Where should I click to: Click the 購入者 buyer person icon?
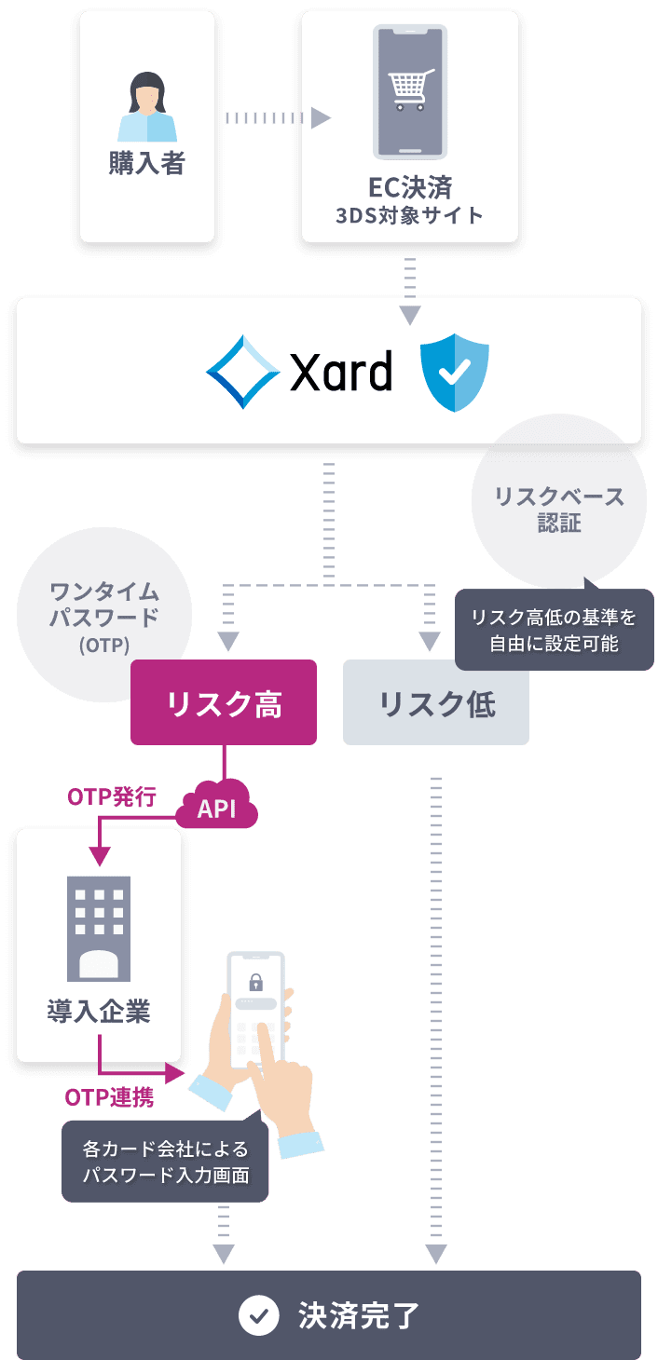click(x=146, y=108)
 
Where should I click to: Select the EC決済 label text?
click(x=409, y=186)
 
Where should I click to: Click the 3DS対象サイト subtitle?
click(x=409, y=216)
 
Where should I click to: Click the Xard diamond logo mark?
click(x=243, y=371)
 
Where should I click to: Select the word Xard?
click(x=341, y=373)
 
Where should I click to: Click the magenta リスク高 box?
click(x=224, y=703)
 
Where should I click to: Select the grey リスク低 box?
click(x=436, y=703)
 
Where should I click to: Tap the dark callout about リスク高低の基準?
click(x=554, y=630)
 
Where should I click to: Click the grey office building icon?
click(x=99, y=927)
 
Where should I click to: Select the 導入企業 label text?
click(x=99, y=1013)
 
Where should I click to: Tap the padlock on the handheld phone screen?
click(x=254, y=981)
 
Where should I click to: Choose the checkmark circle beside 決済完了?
click(x=259, y=1315)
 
